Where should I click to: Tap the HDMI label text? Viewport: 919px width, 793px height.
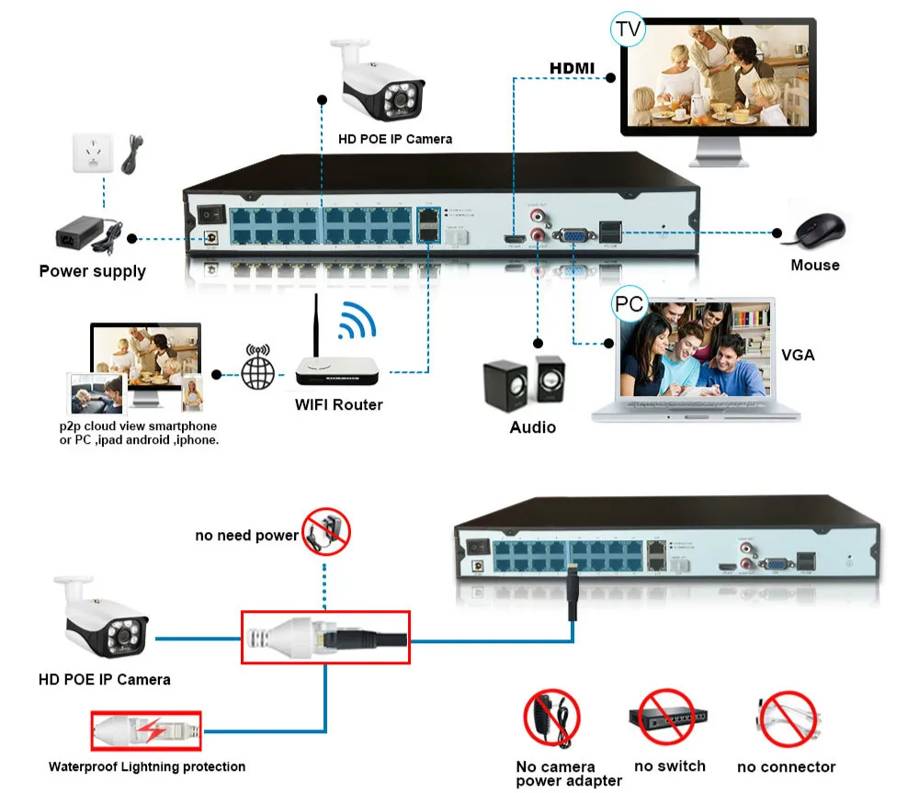tap(572, 68)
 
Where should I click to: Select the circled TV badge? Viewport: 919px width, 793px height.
tap(628, 29)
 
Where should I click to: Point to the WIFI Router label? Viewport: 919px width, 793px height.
tap(338, 404)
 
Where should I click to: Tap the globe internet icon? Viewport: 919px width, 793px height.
tap(256, 372)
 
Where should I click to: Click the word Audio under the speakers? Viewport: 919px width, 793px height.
tap(533, 427)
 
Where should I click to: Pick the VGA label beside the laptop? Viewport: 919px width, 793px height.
tap(798, 355)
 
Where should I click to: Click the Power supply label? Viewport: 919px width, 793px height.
tap(92, 271)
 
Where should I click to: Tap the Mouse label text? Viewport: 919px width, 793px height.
tap(815, 266)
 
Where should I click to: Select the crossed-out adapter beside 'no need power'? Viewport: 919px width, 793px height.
tap(327, 531)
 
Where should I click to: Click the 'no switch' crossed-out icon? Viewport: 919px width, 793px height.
tap(667, 718)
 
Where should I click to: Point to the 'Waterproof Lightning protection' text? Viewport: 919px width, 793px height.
tap(147, 766)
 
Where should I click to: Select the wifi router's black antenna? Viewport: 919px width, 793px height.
tap(317, 326)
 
